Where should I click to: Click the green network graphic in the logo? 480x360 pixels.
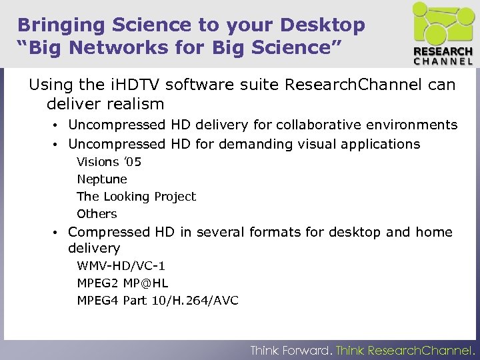[442, 24]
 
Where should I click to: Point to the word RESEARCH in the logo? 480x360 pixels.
[443, 52]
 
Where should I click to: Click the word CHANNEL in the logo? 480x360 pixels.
[443, 62]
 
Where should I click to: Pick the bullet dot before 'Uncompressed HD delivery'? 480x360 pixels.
[59, 125]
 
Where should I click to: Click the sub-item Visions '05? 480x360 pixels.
[109, 162]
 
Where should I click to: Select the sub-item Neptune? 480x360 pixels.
[102, 179]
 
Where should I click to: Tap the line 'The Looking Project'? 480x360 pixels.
[136, 197]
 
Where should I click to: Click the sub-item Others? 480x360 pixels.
[97, 214]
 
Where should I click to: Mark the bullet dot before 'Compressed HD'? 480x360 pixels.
[59, 233]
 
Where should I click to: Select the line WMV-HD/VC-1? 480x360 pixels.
[121, 266]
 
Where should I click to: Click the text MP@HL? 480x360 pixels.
[145, 283]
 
